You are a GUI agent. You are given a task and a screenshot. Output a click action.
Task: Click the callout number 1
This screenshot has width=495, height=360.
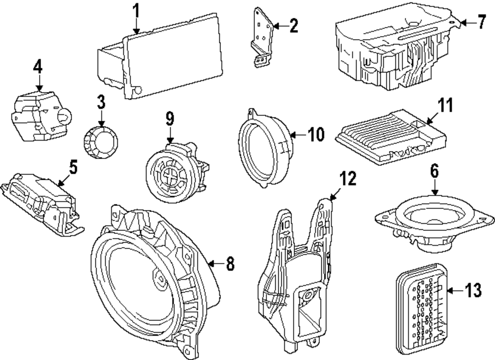click(136, 10)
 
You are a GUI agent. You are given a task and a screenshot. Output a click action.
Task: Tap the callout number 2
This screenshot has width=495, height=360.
click(294, 25)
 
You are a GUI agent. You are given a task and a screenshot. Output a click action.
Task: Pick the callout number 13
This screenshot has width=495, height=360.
click(473, 291)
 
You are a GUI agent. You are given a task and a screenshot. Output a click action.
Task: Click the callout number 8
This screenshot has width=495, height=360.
click(230, 263)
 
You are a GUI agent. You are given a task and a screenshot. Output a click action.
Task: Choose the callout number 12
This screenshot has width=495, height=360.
click(348, 179)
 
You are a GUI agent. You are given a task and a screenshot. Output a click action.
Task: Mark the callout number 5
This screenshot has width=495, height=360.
click(73, 167)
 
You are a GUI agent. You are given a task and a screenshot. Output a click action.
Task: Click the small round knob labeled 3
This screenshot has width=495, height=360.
click(101, 142)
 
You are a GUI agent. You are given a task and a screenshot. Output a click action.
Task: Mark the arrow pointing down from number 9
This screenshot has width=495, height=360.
click(170, 135)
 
